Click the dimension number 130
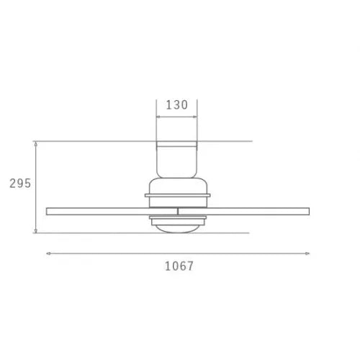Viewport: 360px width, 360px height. point(176,104)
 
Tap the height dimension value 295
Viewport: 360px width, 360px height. point(20,184)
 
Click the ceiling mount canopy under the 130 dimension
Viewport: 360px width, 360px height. point(177,158)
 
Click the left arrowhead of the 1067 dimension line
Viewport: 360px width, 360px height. point(48,253)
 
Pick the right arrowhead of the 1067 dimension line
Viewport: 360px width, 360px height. point(309,253)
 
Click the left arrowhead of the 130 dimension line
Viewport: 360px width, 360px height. point(158,116)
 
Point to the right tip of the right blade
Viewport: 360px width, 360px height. point(308,211)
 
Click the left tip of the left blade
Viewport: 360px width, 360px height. point(47,211)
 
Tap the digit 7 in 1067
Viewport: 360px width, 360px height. point(190,266)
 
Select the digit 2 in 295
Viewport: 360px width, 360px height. point(12,184)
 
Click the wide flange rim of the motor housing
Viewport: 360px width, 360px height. point(177,195)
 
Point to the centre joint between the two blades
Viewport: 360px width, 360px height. point(178,211)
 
